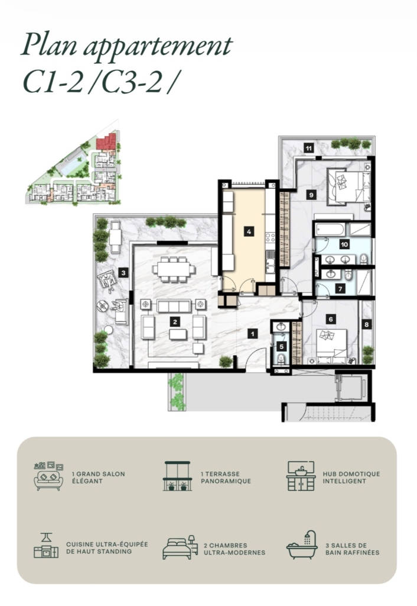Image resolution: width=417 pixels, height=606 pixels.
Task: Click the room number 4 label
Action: tap(249, 231)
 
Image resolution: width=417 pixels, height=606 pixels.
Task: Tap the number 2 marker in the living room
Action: tap(175, 321)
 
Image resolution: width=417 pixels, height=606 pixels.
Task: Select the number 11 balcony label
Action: tap(308, 148)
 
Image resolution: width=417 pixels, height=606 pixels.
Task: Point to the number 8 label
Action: tap(366, 325)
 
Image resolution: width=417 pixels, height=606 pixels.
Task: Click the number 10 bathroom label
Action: tap(344, 244)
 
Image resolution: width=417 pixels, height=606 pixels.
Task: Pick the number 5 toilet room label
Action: tap(282, 347)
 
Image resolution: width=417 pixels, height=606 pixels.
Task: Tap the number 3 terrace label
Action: tap(123, 273)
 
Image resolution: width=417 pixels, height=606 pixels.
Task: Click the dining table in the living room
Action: tap(173, 269)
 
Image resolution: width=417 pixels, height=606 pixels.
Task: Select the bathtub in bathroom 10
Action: tap(330, 230)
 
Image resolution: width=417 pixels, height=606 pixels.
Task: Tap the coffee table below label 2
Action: tap(178, 334)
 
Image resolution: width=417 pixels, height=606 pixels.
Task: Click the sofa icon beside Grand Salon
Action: tap(48, 476)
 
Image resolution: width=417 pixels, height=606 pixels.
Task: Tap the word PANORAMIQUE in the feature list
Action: tap(226, 481)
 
